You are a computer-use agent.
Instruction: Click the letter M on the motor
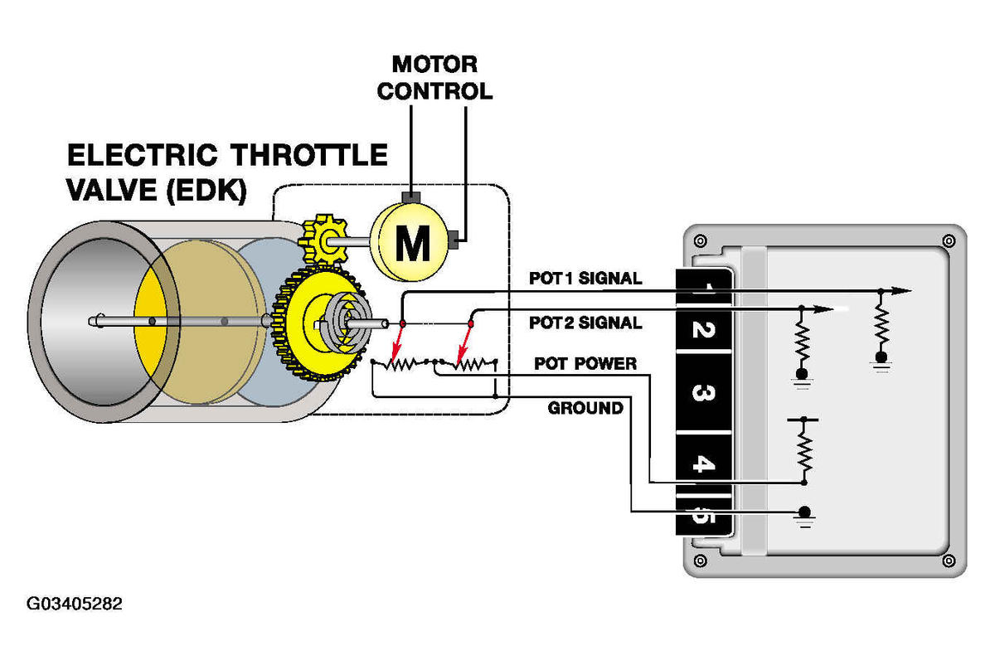click(x=413, y=243)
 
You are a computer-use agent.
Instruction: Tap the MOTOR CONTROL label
click(x=434, y=78)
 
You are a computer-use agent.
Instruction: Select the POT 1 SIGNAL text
click(x=585, y=278)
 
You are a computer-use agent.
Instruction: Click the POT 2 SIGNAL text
click(x=585, y=323)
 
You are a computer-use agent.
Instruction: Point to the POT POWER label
click(x=585, y=363)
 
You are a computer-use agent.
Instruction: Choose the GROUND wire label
click(x=585, y=408)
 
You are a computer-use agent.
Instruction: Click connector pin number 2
click(x=703, y=330)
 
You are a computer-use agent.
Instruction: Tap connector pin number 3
click(x=703, y=393)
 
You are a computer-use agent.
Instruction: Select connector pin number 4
click(x=704, y=464)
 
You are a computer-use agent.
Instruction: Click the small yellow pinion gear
click(x=323, y=240)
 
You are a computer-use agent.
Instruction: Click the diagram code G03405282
click(x=74, y=604)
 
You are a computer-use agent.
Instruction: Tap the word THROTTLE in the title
click(x=309, y=155)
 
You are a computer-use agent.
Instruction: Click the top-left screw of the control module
click(x=701, y=241)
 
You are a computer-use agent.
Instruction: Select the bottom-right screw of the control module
click(x=949, y=561)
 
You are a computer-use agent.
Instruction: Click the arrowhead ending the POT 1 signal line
click(x=902, y=291)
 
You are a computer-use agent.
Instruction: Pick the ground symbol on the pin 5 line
click(x=804, y=517)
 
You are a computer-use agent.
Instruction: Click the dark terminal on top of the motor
click(x=411, y=197)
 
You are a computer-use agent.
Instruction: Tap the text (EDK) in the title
click(x=206, y=191)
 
